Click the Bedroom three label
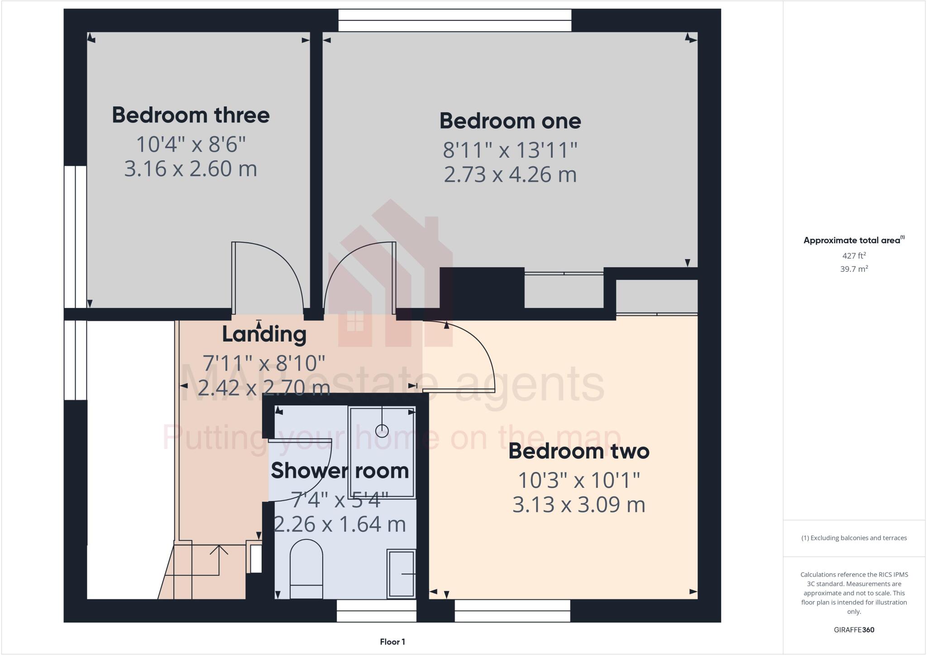[x=191, y=115]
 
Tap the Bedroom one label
[x=510, y=121]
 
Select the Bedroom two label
[x=579, y=451]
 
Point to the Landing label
[x=264, y=335]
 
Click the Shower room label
[x=339, y=471]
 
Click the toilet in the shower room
[x=306, y=568]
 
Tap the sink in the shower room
[x=401, y=573]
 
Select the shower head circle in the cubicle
[x=382, y=430]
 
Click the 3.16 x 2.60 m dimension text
[x=191, y=169]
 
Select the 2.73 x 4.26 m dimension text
[x=510, y=175]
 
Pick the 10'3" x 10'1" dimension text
[x=579, y=480]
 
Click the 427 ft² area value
[x=854, y=255]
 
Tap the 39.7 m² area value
[x=854, y=269]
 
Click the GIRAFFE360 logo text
[x=854, y=630]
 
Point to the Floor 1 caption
[x=392, y=642]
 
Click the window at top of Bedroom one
[x=455, y=20]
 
